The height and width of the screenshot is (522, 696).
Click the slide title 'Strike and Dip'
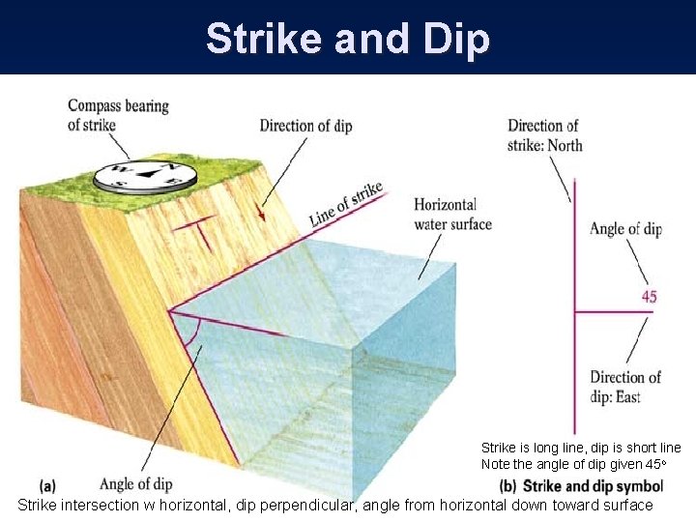point(348,39)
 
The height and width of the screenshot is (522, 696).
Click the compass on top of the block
point(145,175)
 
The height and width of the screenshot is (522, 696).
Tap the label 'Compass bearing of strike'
point(118,115)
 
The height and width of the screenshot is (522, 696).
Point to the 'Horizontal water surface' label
point(452,215)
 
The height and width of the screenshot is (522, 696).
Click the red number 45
point(649,297)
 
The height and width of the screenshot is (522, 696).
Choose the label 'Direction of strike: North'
point(544,135)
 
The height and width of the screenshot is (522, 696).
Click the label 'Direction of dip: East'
point(625,386)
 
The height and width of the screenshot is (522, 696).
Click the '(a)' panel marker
point(49,484)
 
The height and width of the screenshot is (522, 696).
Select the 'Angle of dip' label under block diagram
point(137,483)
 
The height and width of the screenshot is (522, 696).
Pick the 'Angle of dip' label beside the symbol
point(625,229)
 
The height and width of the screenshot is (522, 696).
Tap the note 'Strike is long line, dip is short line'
point(581,449)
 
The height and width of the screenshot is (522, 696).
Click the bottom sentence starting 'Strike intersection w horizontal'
point(335,505)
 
